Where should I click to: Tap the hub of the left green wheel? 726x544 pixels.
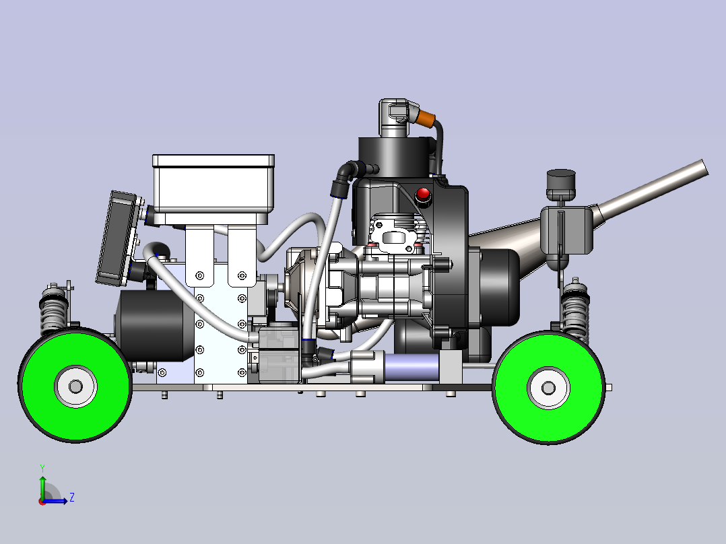click(76, 386)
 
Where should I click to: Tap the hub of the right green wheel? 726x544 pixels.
click(549, 388)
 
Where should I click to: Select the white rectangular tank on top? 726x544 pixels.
click(213, 190)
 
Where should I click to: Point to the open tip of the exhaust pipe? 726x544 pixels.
click(704, 167)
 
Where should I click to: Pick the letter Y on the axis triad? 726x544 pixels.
click(42, 469)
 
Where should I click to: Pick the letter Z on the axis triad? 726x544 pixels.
click(72, 498)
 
